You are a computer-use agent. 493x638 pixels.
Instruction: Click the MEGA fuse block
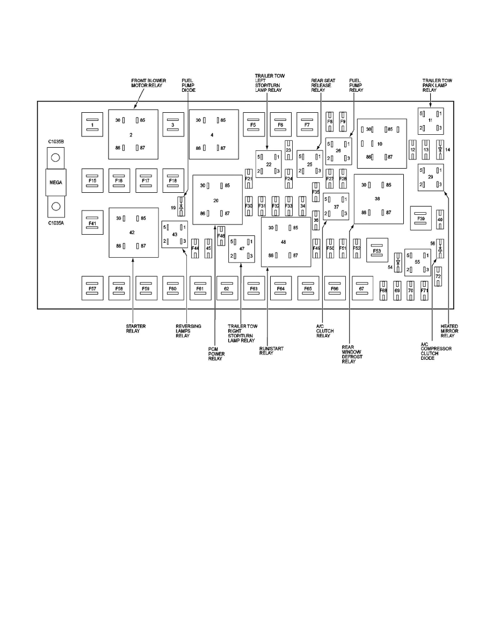pos(56,183)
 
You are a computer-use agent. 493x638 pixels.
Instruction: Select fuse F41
pos(92,222)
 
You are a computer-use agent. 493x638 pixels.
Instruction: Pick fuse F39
pos(421,219)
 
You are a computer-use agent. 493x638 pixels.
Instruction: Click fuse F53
pos(377,251)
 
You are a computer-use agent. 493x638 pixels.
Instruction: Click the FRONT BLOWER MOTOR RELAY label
pos(148,83)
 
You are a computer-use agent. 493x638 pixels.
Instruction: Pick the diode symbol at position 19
pos(182,207)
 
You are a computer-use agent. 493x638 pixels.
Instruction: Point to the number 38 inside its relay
pos(377,198)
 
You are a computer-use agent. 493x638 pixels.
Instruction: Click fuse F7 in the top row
pos(308,125)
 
